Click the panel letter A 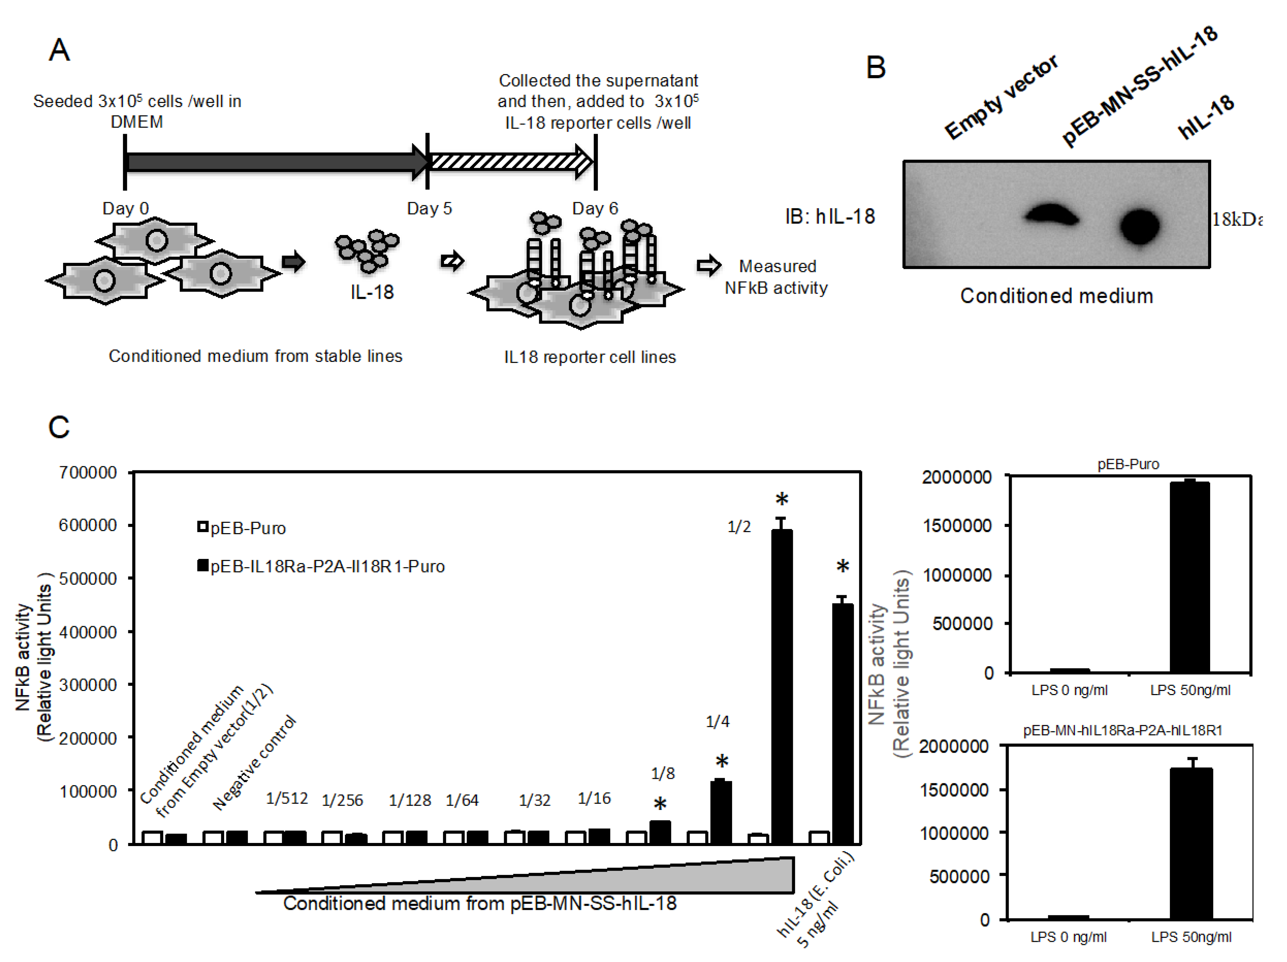click(59, 50)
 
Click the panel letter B click(875, 68)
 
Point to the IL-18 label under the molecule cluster click(372, 292)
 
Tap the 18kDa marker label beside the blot click(1237, 220)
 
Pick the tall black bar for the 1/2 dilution click(781, 686)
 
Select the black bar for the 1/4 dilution click(721, 812)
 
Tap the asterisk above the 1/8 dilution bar click(660, 805)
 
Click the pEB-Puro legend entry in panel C click(242, 528)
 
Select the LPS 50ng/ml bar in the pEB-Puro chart click(1189, 577)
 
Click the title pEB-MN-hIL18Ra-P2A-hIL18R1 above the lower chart click(1122, 730)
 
